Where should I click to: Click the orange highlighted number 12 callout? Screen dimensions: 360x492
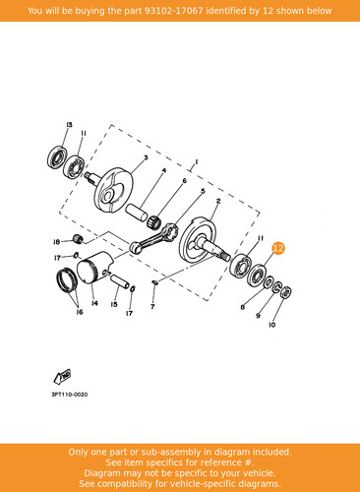point(278,248)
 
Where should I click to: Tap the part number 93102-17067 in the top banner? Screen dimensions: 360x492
point(173,11)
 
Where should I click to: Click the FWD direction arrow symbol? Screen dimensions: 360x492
point(62,376)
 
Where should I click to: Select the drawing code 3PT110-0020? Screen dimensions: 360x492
point(70,395)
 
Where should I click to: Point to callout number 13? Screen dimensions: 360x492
point(69,125)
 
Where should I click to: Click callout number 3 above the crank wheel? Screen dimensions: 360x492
point(146,157)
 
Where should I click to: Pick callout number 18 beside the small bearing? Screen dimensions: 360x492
point(56,242)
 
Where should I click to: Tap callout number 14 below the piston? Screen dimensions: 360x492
point(94,303)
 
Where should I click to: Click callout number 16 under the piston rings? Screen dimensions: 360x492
point(80,312)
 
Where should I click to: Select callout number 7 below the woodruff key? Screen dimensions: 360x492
point(152,307)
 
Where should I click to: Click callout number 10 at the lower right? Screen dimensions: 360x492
point(271,325)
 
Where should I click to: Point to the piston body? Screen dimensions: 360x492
point(94,268)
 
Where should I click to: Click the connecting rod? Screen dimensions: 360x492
point(153,237)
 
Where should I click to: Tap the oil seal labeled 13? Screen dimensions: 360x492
point(57,157)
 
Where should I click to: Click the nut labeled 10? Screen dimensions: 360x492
point(286,292)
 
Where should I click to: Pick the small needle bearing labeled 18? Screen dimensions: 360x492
point(78,239)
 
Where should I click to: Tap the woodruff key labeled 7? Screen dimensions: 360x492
point(155,281)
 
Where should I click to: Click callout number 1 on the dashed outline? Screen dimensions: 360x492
point(196,161)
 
